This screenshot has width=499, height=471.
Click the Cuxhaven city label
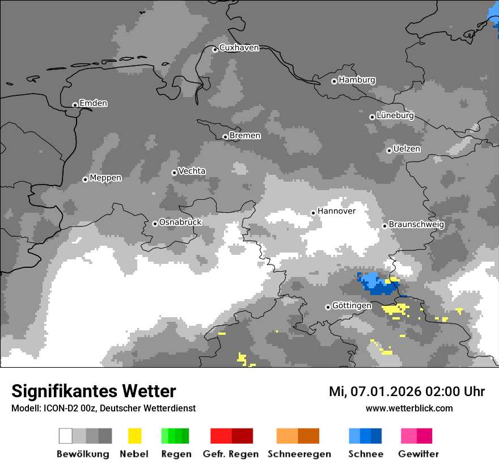coord(239,48)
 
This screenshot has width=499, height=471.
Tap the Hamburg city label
coord(357,80)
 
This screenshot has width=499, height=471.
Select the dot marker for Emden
coord(75,105)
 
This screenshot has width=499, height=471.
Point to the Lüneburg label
coord(395,115)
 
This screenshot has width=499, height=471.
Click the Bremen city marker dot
coord(225,137)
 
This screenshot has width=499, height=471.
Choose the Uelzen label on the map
coord(407,149)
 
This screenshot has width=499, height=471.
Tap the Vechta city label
coord(192,171)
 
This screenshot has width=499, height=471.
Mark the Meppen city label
coord(105,178)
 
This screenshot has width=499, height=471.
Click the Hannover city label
coord(336,211)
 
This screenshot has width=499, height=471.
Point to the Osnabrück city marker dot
coord(155,224)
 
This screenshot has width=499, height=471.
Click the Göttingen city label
coord(352,305)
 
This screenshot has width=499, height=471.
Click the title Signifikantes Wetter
coord(94,392)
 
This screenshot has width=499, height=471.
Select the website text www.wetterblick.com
coord(409,409)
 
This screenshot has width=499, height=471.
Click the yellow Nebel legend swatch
coord(134,436)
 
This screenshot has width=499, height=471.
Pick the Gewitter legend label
coord(418,454)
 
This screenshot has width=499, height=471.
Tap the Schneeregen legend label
coord(299,454)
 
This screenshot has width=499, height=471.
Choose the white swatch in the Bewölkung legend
coord(66,436)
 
